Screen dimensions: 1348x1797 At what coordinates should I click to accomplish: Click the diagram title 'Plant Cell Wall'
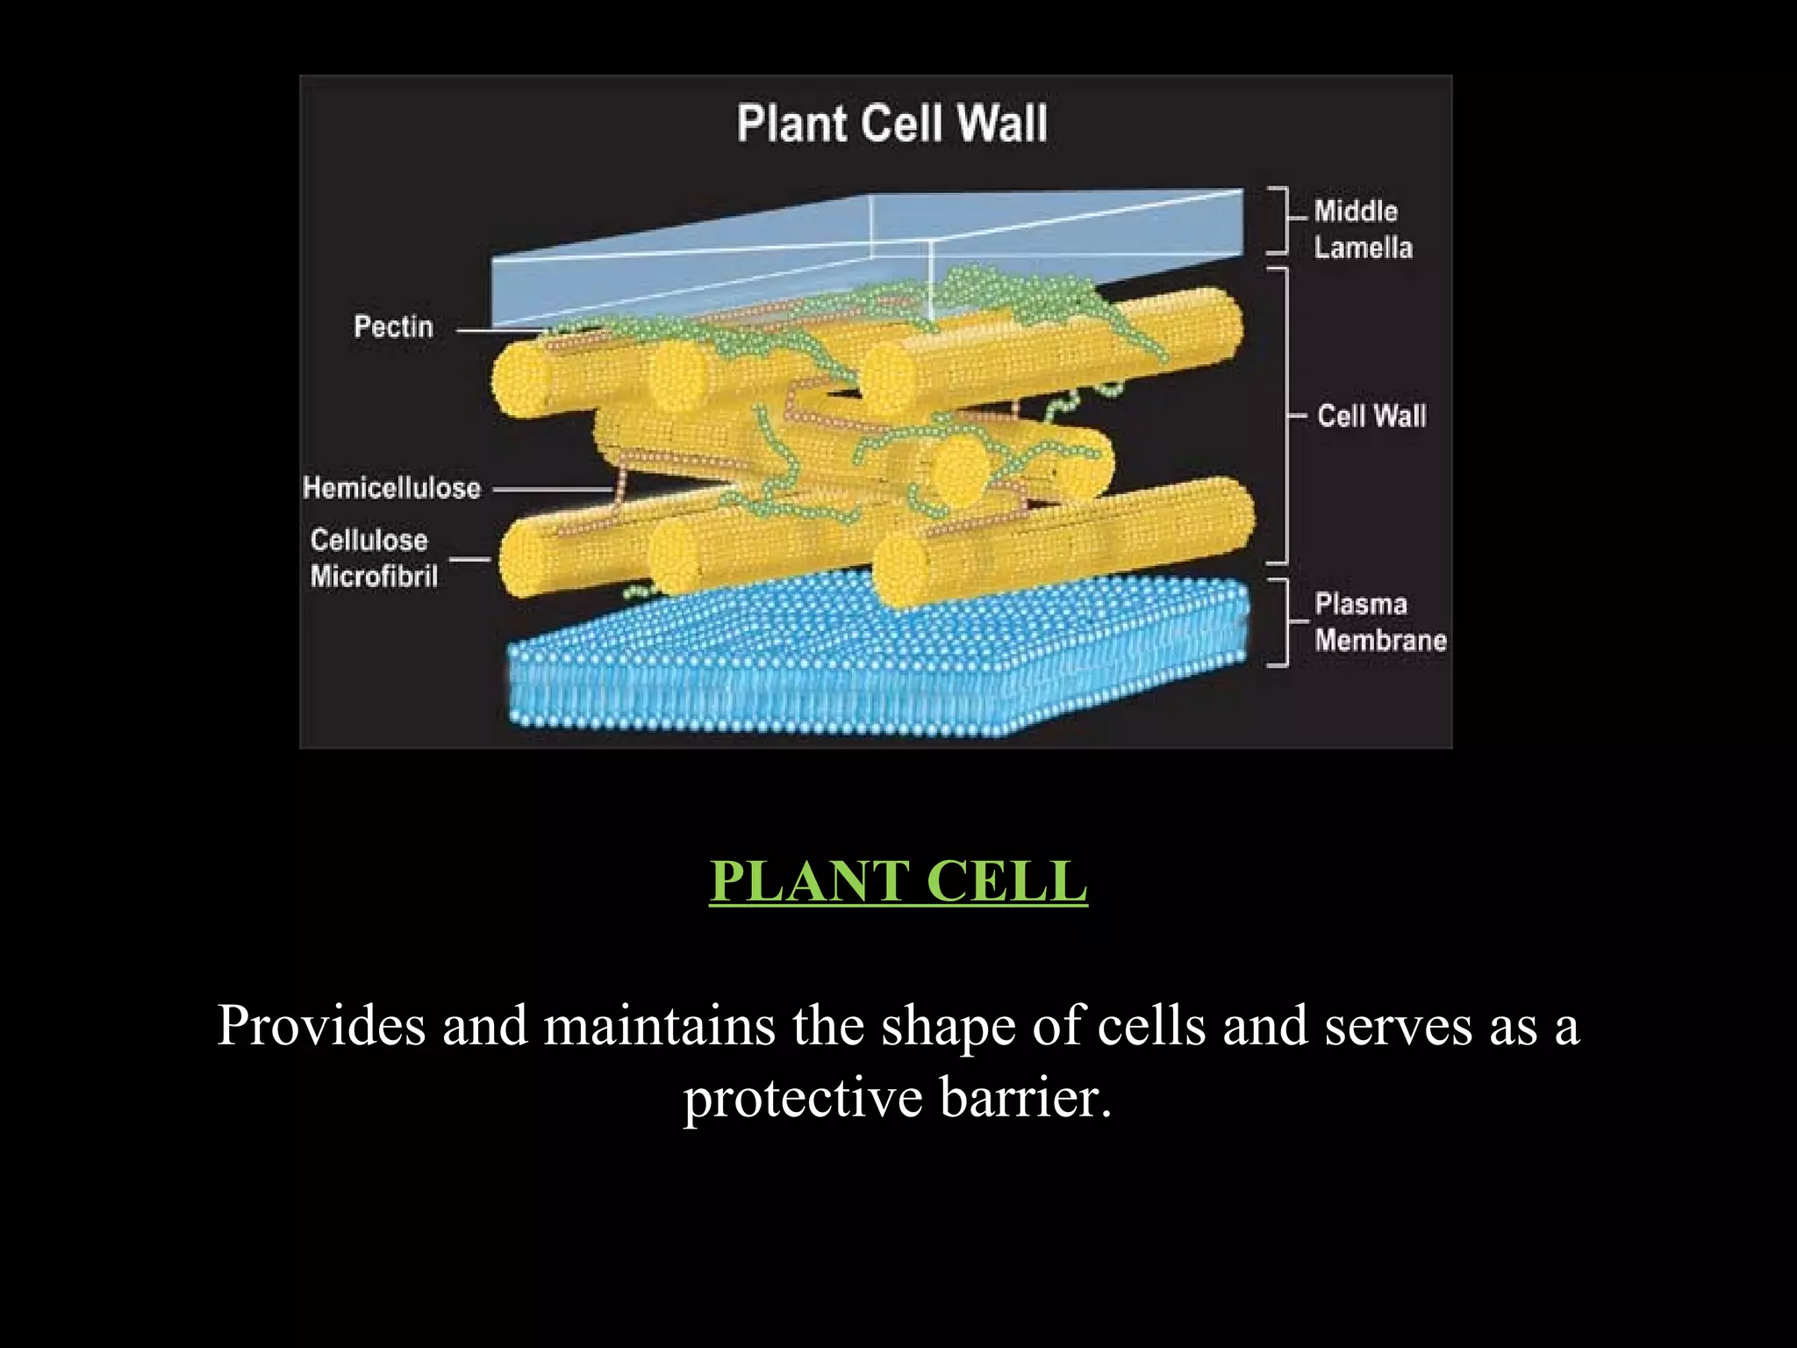(891, 123)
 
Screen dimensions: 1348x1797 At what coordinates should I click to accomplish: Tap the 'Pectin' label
(393, 327)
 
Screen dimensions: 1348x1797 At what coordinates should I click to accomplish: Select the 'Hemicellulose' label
(391, 488)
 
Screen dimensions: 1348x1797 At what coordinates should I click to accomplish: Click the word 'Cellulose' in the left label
(369, 541)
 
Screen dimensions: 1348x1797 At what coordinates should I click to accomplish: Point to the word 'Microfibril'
(374, 577)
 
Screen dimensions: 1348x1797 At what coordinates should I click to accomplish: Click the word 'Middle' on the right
(1356, 212)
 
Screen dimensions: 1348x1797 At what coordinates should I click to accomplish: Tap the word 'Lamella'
(1363, 247)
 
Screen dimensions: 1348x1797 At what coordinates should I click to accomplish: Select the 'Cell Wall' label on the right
(1371, 416)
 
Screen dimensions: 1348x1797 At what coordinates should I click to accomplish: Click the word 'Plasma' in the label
(1360, 605)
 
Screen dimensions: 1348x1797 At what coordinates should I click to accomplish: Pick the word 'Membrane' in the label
(1380, 641)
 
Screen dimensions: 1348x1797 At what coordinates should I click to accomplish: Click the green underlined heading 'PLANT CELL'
(898, 880)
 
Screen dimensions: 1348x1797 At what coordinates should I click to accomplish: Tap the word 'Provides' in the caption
(321, 1025)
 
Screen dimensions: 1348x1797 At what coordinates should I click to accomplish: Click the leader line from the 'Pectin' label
(500, 331)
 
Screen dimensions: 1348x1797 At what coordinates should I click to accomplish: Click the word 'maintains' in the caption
(659, 1025)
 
